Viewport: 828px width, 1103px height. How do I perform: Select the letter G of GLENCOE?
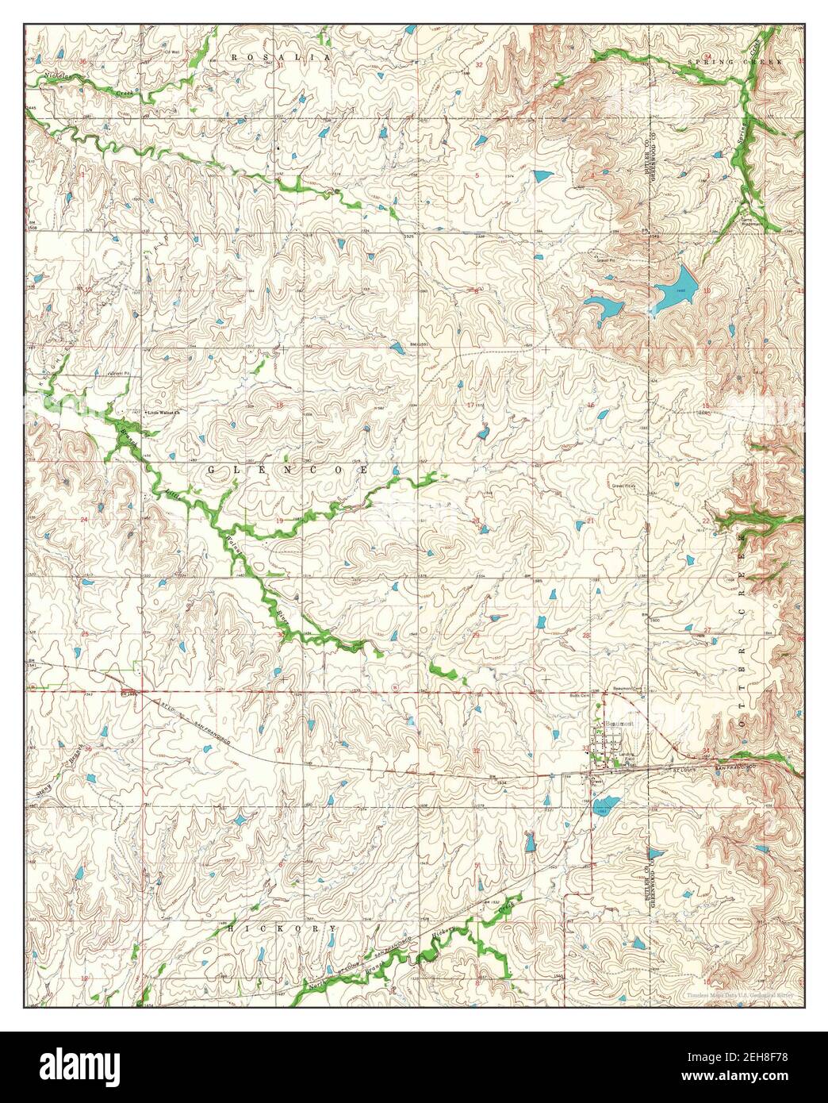click(x=212, y=470)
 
